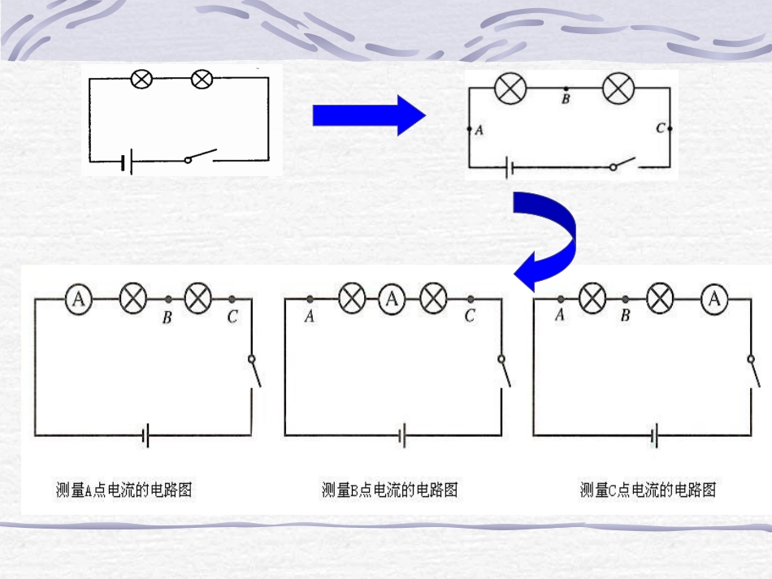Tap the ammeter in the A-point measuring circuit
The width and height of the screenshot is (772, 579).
tap(78, 300)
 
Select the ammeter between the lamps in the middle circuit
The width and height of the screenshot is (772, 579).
tap(393, 299)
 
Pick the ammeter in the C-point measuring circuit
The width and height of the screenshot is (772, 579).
tap(714, 300)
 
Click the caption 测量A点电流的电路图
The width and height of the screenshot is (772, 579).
tap(124, 490)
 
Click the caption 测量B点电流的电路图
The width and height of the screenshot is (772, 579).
tap(390, 490)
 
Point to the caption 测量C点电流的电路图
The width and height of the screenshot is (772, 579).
tap(648, 490)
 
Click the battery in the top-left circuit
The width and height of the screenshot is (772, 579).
tap(125, 162)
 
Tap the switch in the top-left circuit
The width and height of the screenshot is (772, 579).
tap(201, 156)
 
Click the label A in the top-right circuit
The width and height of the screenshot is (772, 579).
tap(479, 130)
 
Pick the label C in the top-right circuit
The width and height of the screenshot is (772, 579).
tap(660, 128)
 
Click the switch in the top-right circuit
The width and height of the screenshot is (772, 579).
tap(623, 165)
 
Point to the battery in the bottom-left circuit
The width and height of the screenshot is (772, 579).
tap(145, 436)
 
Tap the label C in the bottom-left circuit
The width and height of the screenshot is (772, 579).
tap(232, 317)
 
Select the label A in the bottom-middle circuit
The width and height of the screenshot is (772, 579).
tap(309, 317)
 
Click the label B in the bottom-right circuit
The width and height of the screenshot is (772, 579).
tap(625, 316)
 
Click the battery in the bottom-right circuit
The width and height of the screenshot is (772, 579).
tap(653, 436)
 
